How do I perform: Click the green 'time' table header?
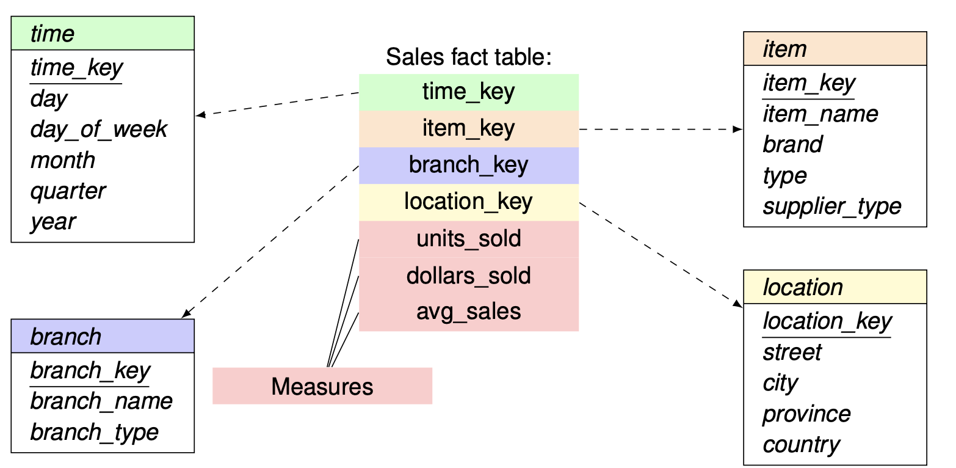click(x=103, y=34)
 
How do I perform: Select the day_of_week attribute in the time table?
click(x=98, y=130)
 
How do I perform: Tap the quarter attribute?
click(x=68, y=191)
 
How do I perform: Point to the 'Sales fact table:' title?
click(x=469, y=57)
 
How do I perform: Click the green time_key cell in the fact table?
click(x=469, y=93)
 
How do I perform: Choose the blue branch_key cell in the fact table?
click(x=469, y=166)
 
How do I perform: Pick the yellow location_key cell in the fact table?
click(x=469, y=202)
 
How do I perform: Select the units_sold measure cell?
click(x=469, y=239)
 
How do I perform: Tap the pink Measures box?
click(x=322, y=386)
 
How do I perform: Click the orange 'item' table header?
click(x=835, y=49)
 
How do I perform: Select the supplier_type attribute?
click(x=832, y=207)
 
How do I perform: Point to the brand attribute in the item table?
click(x=792, y=144)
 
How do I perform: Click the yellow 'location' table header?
click(x=835, y=287)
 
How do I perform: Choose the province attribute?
click(x=806, y=414)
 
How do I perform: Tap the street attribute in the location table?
click(x=792, y=353)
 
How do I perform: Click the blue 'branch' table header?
click(x=103, y=336)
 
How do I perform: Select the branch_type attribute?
click(x=95, y=433)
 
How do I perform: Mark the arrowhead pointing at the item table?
click(x=737, y=129)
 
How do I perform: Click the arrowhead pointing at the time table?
click(x=201, y=114)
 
